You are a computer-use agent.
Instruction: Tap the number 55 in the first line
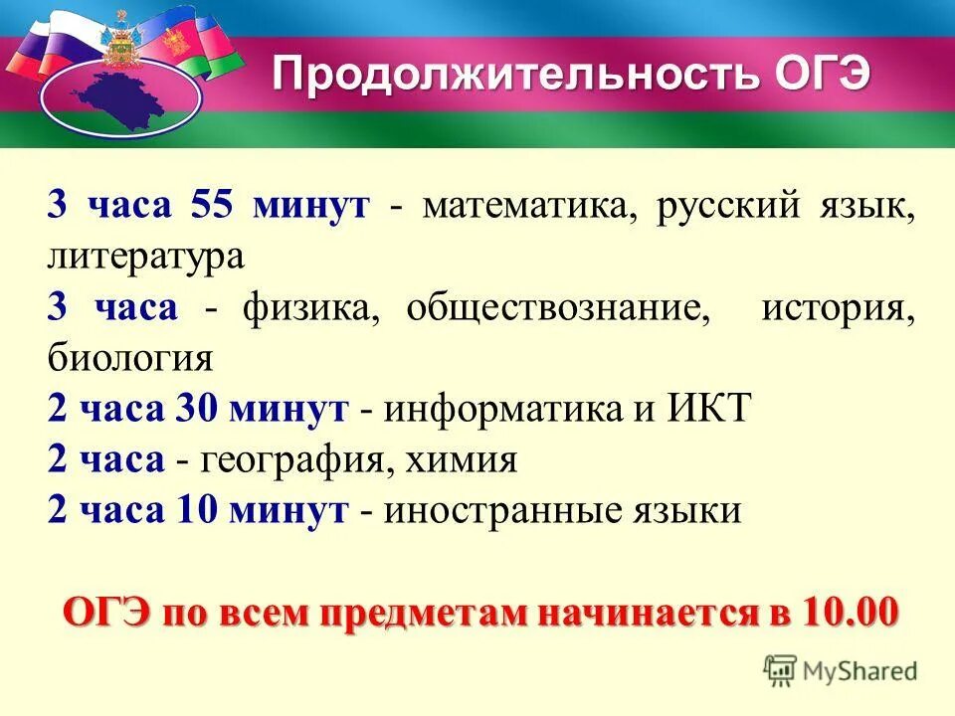pos(209,207)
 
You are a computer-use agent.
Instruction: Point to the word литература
pos(144,258)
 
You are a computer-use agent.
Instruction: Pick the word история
pos(838,308)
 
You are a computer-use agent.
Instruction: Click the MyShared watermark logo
pos(841,669)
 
